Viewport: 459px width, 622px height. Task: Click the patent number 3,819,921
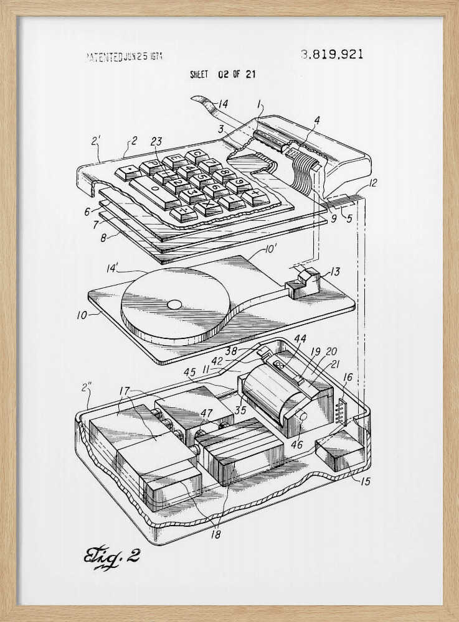[x=332, y=54]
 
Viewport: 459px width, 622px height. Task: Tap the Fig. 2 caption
[x=111, y=556]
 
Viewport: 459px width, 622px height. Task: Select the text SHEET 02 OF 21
[x=222, y=75]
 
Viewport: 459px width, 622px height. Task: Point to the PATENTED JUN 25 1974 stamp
[x=123, y=57]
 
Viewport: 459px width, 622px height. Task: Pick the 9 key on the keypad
[x=239, y=185]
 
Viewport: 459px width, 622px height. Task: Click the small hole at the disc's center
[x=176, y=305]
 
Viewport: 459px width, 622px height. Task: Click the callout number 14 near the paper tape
[x=222, y=104]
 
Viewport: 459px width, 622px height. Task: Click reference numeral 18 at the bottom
[x=215, y=534]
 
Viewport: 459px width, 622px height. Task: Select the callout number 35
[x=240, y=409]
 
